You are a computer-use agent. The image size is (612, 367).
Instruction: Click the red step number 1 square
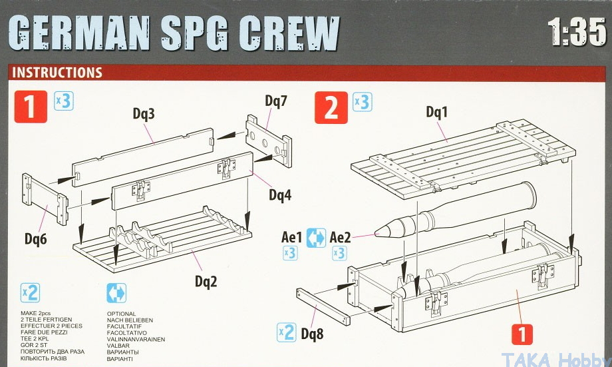click(x=31, y=107)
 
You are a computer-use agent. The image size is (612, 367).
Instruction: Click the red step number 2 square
click(x=331, y=107)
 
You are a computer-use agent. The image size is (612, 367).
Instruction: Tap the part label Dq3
click(x=144, y=114)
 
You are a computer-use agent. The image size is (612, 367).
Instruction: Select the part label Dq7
click(x=276, y=101)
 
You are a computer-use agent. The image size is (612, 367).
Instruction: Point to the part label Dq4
click(x=280, y=194)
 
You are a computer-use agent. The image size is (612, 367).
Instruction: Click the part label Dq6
click(x=36, y=238)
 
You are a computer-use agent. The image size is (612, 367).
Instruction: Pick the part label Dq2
click(x=206, y=281)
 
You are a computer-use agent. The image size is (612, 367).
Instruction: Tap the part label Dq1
click(x=437, y=112)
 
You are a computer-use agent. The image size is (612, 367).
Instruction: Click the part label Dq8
click(x=312, y=334)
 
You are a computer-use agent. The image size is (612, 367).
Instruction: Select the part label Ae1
click(x=291, y=237)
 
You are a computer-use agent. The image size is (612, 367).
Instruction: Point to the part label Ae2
click(x=341, y=237)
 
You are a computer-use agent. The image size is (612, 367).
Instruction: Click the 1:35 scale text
click(x=577, y=32)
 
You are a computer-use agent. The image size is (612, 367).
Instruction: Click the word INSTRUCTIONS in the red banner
click(x=57, y=73)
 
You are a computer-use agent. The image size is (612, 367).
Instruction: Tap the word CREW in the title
click(x=289, y=33)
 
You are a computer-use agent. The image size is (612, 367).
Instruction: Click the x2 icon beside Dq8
click(x=287, y=332)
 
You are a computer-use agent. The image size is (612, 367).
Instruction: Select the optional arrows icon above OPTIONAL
click(x=116, y=293)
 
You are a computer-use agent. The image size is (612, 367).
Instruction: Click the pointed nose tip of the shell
click(x=375, y=234)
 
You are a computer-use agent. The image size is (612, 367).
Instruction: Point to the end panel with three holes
click(x=269, y=141)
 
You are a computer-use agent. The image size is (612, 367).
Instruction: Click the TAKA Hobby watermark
click(x=556, y=360)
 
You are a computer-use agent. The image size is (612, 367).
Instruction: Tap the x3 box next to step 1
click(x=64, y=101)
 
